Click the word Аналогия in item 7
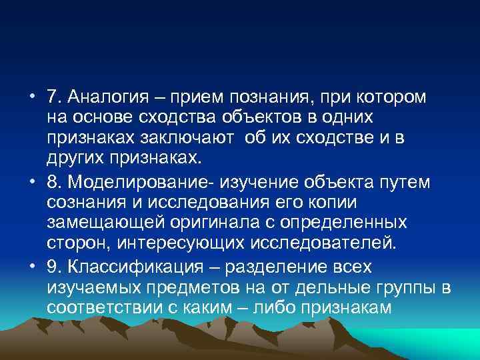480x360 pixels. coord(105,97)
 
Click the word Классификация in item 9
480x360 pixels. coord(125,267)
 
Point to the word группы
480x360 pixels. coord(407,288)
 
